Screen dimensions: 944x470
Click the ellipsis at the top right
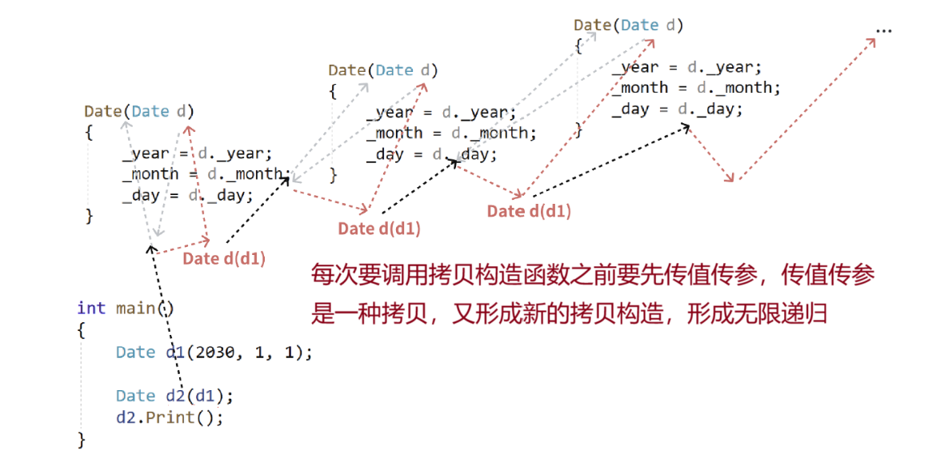click(883, 31)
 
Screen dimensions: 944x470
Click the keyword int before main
click(91, 309)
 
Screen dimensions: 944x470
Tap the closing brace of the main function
click(81, 439)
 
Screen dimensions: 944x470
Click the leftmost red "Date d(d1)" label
click(224, 258)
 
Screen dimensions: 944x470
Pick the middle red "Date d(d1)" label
click(379, 229)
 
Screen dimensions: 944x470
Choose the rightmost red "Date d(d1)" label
click(529, 211)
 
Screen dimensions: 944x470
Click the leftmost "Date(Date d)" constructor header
click(139, 111)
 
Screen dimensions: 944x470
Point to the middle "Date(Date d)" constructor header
click(383, 70)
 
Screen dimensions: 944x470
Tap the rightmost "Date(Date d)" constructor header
click(629, 25)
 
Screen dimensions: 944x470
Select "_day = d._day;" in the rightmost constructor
click(677, 109)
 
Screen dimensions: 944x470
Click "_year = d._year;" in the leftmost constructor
click(197, 153)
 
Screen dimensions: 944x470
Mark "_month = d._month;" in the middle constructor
click(451, 133)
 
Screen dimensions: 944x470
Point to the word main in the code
click(135, 309)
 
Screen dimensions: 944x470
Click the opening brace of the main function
click(81, 330)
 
